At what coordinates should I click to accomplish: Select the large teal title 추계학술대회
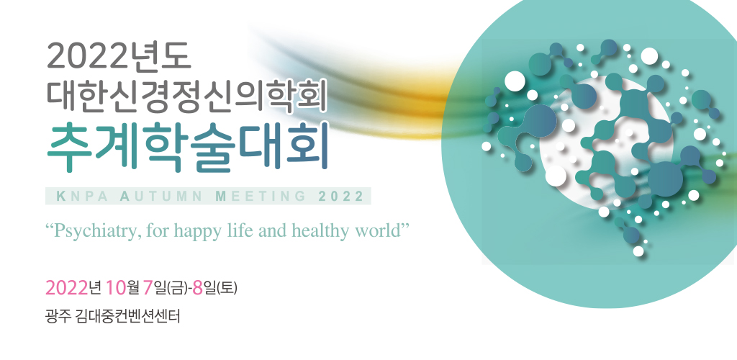coord(186,147)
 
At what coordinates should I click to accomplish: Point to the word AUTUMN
coord(161,197)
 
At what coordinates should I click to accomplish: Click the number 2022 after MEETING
coord(341,197)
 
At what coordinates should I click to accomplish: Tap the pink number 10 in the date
coord(116,287)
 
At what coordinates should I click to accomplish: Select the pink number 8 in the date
coord(197,287)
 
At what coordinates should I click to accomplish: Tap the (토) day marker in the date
coord(227,288)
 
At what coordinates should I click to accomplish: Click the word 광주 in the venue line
coord(58,316)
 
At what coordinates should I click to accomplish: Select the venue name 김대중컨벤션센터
coord(127,316)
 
